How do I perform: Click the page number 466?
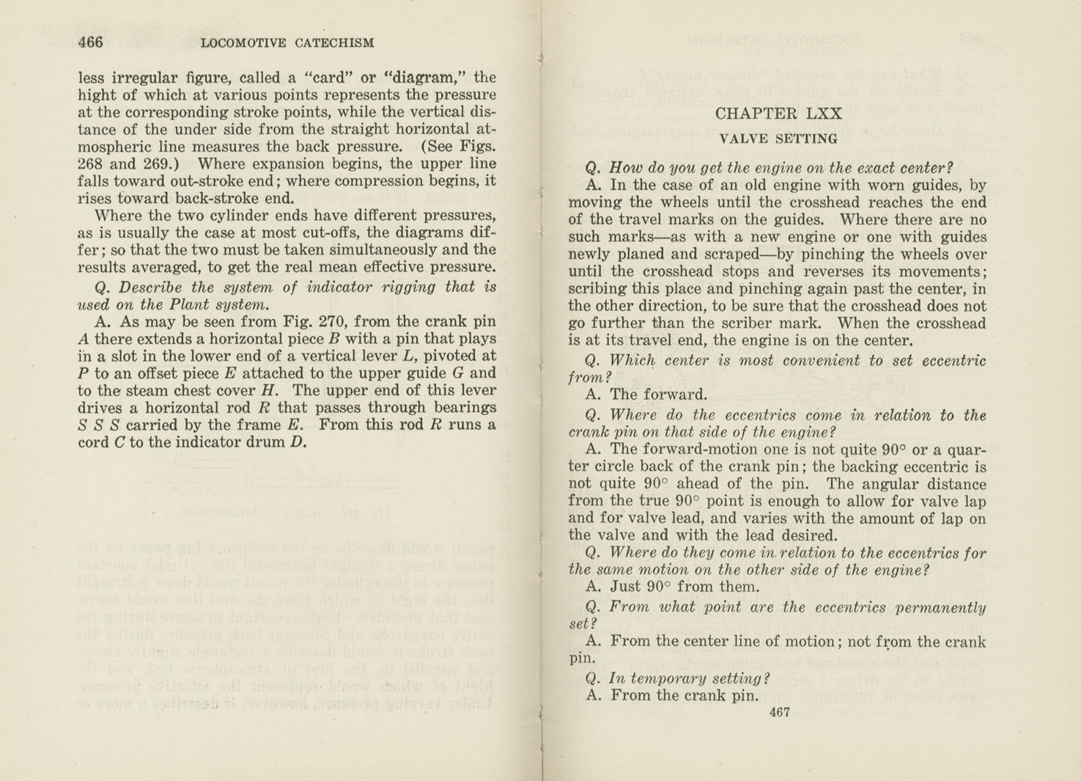90,42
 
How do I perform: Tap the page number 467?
779,712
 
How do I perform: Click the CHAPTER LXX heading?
778,114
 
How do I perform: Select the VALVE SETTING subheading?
778,139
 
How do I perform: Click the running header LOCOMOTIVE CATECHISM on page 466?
287,43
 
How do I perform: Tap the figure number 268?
92,164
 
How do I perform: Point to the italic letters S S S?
98,425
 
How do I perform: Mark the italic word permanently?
942,607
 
